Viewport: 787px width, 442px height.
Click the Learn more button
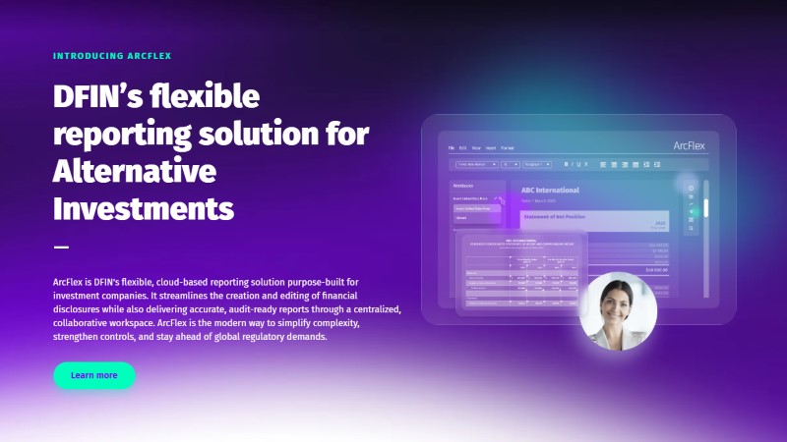[94, 375]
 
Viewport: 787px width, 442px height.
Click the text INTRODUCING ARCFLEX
[112, 56]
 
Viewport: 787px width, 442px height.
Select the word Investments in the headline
[144, 208]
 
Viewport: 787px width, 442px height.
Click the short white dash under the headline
[61, 247]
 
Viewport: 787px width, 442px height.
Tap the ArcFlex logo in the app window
[690, 145]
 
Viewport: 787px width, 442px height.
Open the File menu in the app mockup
[453, 147]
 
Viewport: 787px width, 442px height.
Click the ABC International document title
[550, 190]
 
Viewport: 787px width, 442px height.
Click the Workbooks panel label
[463, 185]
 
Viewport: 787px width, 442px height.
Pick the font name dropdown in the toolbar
[476, 164]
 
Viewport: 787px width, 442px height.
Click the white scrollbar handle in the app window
[704, 208]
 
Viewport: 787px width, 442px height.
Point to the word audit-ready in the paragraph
[254, 309]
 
